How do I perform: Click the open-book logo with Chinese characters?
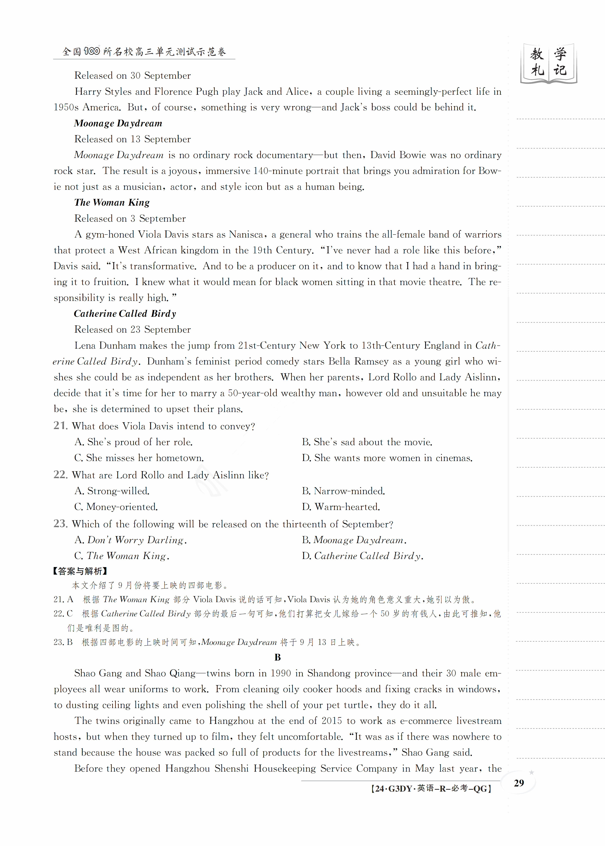pos(548,63)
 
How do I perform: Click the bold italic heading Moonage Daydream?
pos(118,123)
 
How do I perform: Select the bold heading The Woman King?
pos(112,203)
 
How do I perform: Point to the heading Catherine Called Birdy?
pos(125,314)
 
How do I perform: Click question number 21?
pos(60,426)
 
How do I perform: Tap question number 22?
pos(60,474)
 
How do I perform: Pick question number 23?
pos(60,524)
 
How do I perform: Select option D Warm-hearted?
pos(341,507)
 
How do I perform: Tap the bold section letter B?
pos(277,658)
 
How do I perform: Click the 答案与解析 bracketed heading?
pos(80,571)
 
